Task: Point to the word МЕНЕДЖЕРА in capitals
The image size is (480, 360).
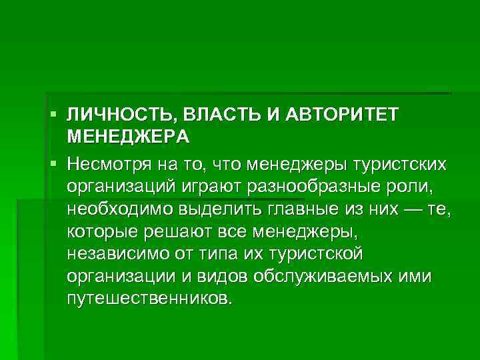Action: pos(128,137)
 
